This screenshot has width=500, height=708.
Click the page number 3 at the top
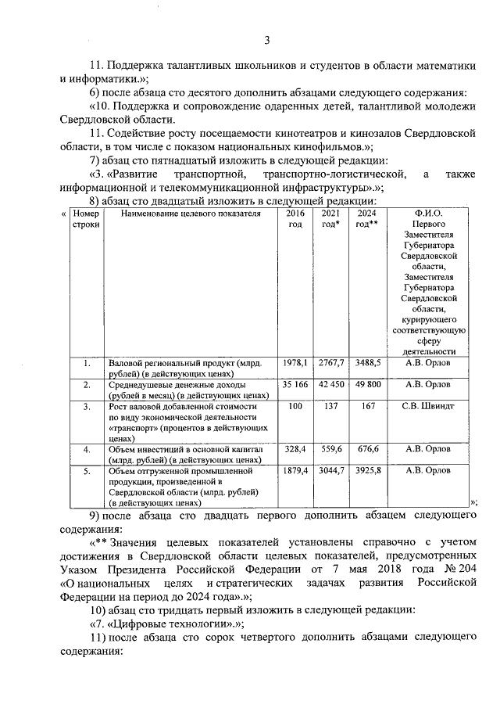(266, 41)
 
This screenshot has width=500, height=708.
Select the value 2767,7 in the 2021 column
(331, 363)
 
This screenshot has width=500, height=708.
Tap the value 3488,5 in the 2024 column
(367, 363)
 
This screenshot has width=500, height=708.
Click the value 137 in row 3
(331, 407)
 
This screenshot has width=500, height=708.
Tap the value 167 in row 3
(367, 407)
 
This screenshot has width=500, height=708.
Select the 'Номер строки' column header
(81, 218)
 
